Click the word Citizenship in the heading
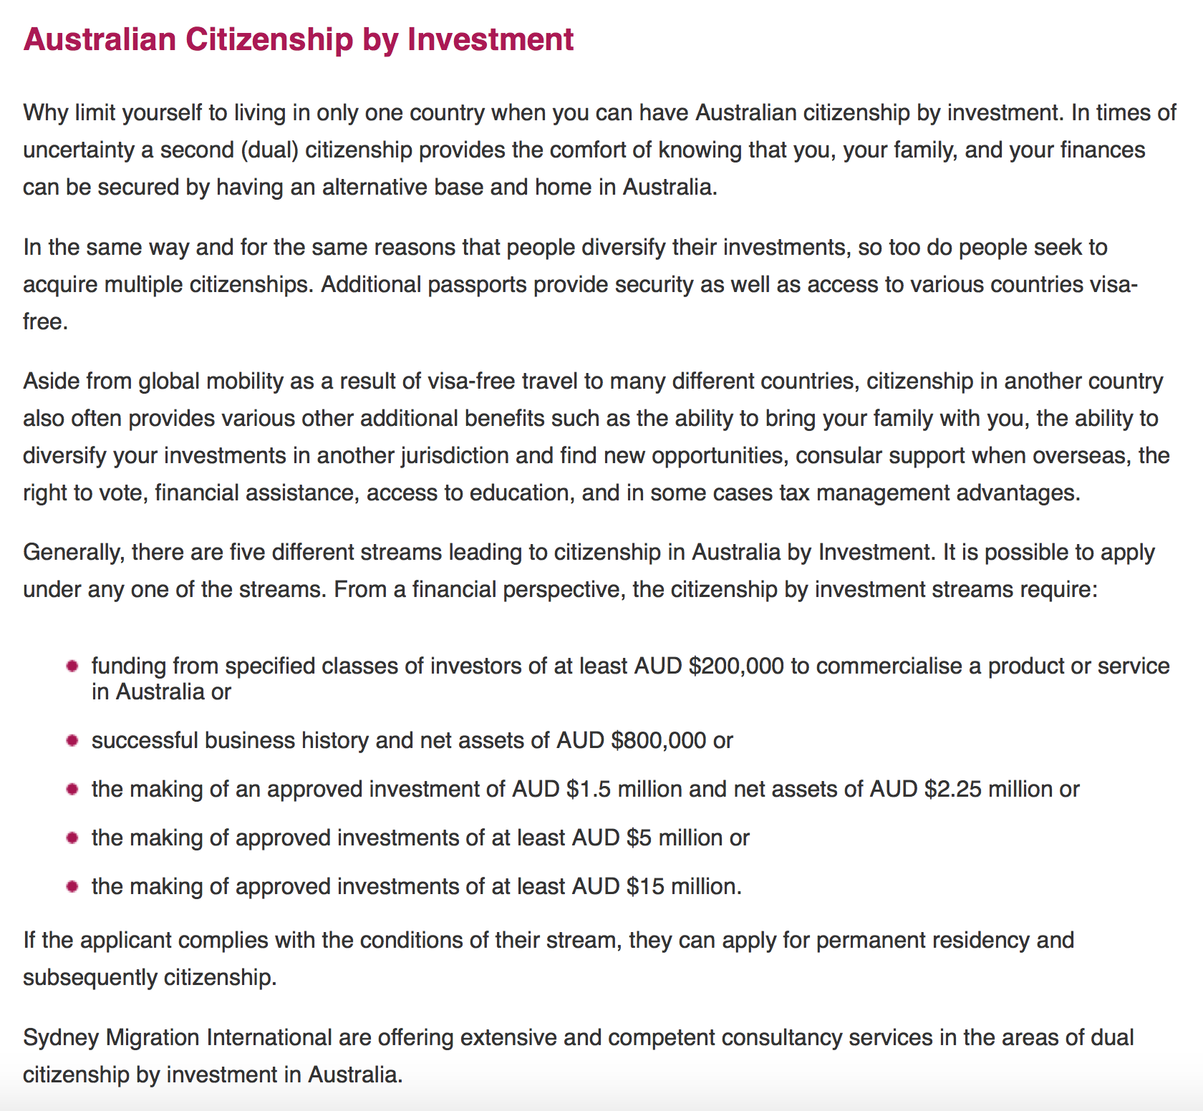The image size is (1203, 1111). (269, 39)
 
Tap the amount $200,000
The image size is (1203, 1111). (736, 666)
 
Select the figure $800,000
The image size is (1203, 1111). (659, 740)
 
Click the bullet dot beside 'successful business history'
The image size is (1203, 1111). (72, 740)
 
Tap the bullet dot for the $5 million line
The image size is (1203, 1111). (72, 838)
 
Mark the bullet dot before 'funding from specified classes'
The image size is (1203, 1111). (72, 666)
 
